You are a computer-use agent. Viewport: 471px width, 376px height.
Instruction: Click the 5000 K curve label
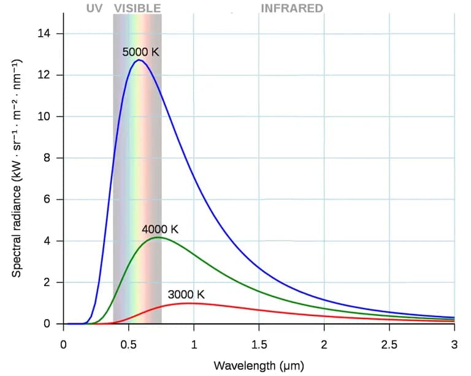click(140, 52)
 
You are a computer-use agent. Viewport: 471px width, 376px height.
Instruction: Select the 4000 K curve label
click(159, 230)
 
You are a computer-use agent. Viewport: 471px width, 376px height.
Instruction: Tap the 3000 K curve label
click(186, 295)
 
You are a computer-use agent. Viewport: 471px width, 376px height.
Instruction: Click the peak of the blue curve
click(139, 60)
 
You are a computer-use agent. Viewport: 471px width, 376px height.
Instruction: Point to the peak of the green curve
click(158, 237)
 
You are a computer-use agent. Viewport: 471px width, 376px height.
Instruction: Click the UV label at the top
click(94, 8)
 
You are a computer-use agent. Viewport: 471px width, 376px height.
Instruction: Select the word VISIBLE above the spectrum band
click(137, 8)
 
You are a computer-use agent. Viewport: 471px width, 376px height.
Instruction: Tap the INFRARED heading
click(292, 8)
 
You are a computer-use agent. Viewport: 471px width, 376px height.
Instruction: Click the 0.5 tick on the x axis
click(128, 344)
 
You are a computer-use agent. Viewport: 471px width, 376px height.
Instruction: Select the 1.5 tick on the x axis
click(259, 344)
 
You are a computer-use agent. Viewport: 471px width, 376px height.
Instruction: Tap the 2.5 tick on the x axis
click(389, 344)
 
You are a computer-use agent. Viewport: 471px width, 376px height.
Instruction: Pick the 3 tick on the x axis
click(454, 344)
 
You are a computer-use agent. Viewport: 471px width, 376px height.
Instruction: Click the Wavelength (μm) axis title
click(259, 366)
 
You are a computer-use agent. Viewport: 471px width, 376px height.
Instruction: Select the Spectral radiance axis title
click(17, 168)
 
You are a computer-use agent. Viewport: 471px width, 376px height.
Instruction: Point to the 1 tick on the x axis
click(194, 344)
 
